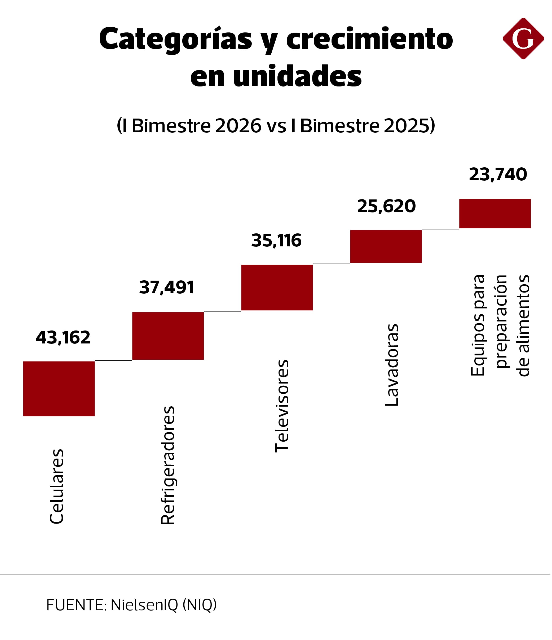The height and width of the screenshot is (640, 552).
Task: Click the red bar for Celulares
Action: (x=59, y=389)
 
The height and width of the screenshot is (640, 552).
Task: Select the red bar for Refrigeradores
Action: (x=168, y=336)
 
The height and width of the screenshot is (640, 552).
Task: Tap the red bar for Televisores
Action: (x=277, y=288)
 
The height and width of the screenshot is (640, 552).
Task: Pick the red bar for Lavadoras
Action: (x=386, y=247)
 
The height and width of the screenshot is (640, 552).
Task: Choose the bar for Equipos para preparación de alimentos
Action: (x=495, y=214)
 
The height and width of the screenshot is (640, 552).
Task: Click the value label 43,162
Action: (x=63, y=338)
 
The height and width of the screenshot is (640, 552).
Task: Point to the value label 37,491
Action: (x=167, y=288)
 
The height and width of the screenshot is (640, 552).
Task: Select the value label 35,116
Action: (x=276, y=241)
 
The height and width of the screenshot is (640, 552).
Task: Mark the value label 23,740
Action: (x=498, y=175)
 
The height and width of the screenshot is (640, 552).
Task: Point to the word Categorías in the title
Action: (x=175, y=39)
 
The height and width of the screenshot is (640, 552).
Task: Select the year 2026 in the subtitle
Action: (x=238, y=126)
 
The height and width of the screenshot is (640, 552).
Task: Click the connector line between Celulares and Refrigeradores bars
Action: (x=113, y=360)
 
